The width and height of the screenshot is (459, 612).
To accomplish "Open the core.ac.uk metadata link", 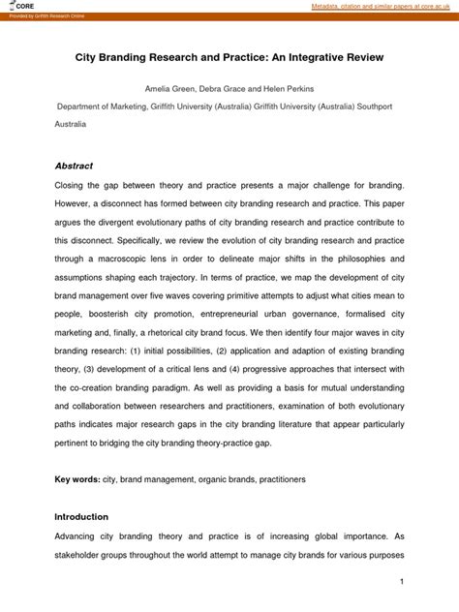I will click(x=383, y=7).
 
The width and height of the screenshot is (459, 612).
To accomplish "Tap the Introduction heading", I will click(x=82, y=516).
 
